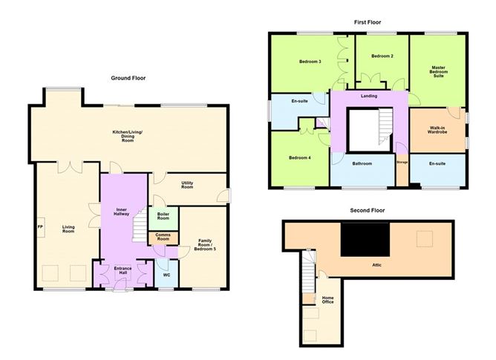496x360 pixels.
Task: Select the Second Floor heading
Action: pyautogui.click(x=369, y=211)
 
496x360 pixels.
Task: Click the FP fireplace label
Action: pyautogui.click(x=41, y=226)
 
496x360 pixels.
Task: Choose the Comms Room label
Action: pyautogui.click(x=163, y=237)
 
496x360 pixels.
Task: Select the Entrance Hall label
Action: pyautogui.click(x=123, y=271)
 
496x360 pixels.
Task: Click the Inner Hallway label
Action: pyautogui.click(x=123, y=213)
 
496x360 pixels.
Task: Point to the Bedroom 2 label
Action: pyautogui.click(x=382, y=56)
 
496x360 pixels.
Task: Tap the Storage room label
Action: pyautogui.click(x=402, y=162)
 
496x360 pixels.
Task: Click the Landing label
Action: pyautogui.click(x=369, y=96)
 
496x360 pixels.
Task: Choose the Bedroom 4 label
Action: pyautogui.click(x=298, y=157)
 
